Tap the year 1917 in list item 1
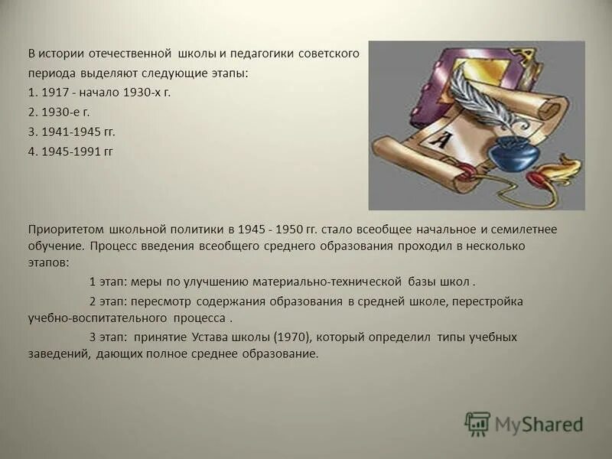click(55, 92)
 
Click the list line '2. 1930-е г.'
click(59, 112)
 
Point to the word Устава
click(210, 337)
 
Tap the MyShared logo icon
click(477, 423)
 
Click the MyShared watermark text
click(539, 424)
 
